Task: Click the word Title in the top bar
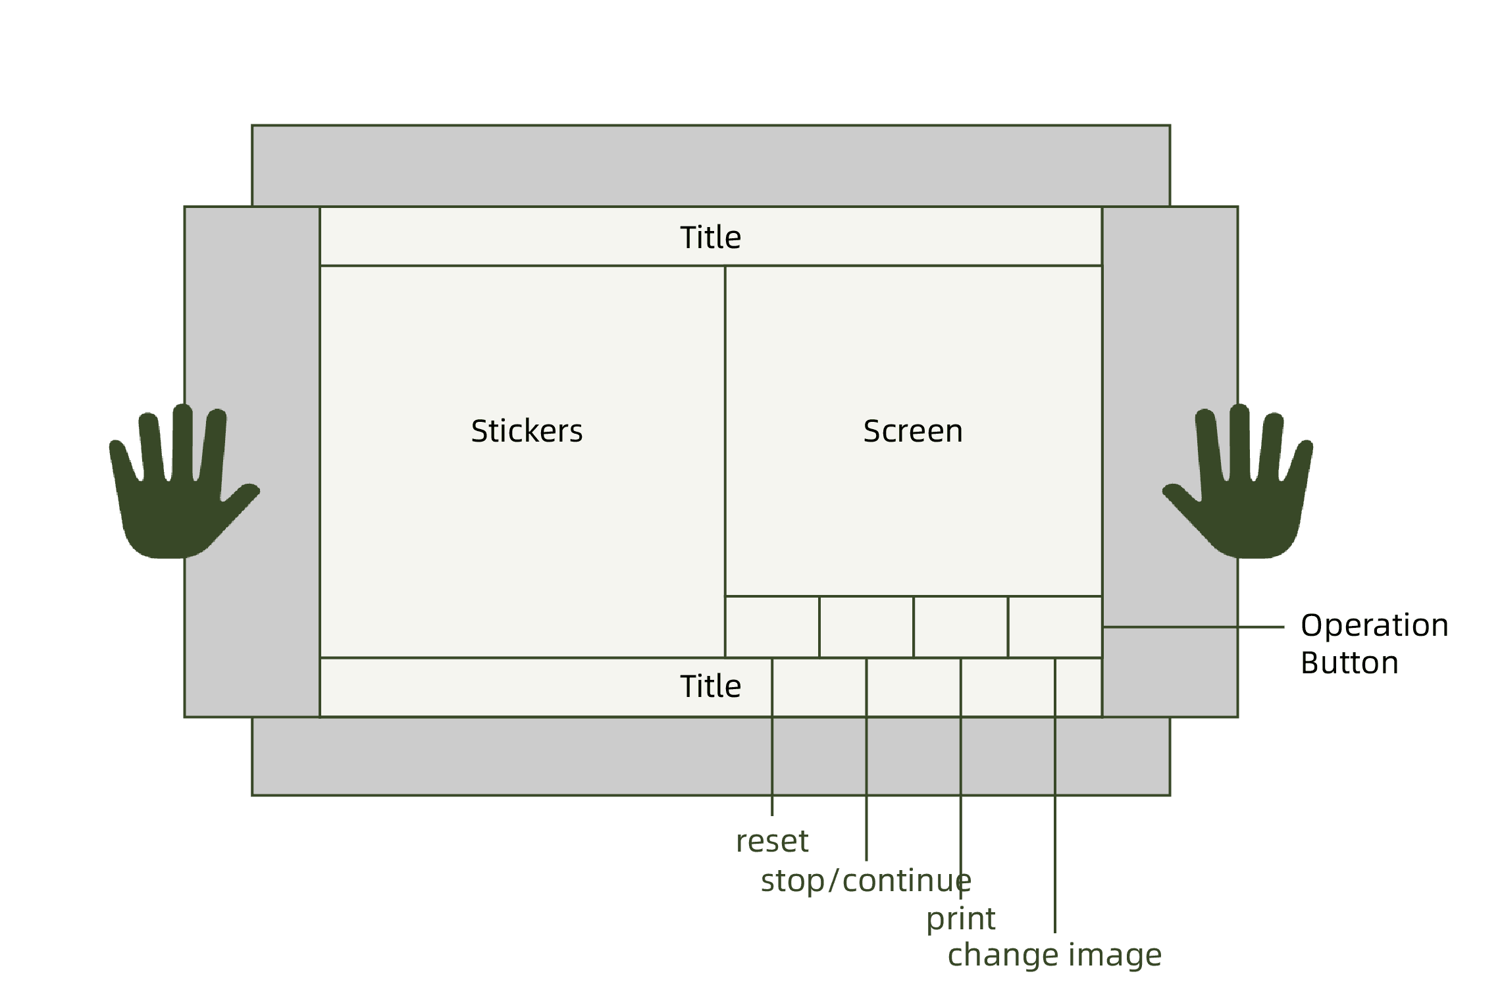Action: pos(710,238)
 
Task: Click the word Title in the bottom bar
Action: pos(710,686)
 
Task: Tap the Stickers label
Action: pos(527,431)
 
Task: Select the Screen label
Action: pos(913,431)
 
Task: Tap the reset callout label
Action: pos(772,842)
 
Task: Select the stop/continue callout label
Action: pos(866,881)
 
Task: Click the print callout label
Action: pos(961,919)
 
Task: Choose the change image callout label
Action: pos(1054,955)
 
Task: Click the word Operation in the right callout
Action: pos(1374,625)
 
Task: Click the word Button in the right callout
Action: pos(1349,663)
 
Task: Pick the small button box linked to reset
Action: pos(772,627)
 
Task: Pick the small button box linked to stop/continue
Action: pos(866,627)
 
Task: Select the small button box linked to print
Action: pos(960,627)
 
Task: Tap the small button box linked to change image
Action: pos(1054,627)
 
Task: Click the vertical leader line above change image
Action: pos(1055,856)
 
